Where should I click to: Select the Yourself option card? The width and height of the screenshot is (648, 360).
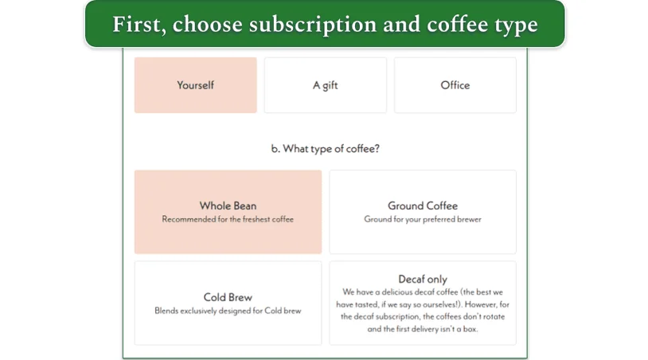pyautogui.click(x=195, y=85)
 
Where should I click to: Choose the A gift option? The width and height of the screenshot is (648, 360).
pyautogui.click(x=325, y=85)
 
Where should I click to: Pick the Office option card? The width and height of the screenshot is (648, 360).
pyautogui.click(x=455, y=85)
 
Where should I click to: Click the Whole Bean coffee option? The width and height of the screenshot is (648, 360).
pyautogui.click(x=228, y=212)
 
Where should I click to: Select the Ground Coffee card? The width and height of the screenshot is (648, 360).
pyautogui.click(x=423, y=212)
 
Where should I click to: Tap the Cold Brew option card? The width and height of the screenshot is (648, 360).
pyautogui.click(x=228, y=303)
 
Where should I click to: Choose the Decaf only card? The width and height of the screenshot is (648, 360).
pyautogui.click(x=423, y=303)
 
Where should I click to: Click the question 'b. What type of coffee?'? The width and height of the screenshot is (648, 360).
pyautogui.click(x=325, y=148)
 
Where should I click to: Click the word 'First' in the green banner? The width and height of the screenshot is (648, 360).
pyautogui.click(x=138, y=25)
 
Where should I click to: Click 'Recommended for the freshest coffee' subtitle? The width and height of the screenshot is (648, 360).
pyautogui.click(x=228, y=219)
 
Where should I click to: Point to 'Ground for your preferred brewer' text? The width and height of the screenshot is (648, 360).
pyautogui.click(x=423, y=219)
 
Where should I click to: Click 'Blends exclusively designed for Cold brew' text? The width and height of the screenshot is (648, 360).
pyautogui.click(x=228, y=311)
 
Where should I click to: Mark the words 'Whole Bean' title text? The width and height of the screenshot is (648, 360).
pyautogui.click(x=228, y=205)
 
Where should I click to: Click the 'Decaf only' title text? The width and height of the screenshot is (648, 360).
pyautogui.click(x=423, y=279)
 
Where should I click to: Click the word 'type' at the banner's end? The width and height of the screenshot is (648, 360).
pyautogui.click(x=517, y=25)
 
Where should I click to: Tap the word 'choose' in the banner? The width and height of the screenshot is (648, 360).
pyautogui.click(x=207, y=25)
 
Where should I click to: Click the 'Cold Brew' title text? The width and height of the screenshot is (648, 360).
pyautogui.click(x=228, y=297)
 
